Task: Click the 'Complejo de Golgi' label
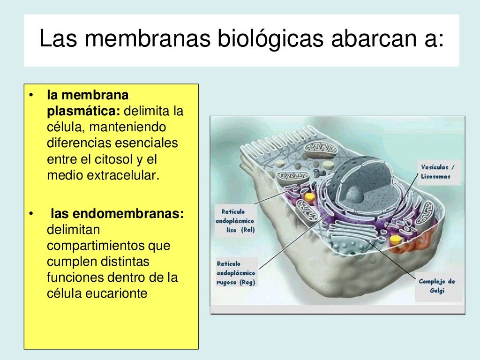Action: tap(437, 286)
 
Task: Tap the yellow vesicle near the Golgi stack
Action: tap(396, 240)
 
